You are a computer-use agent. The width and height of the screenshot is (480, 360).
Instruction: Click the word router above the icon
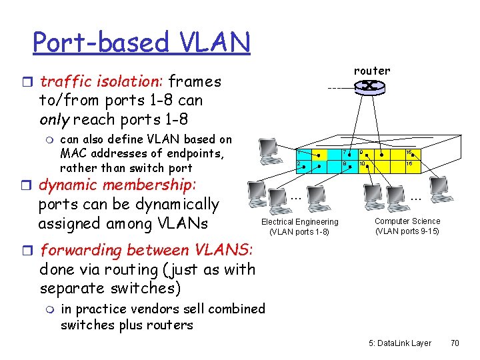(x=372, y=71)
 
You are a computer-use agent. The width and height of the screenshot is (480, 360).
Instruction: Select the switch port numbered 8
(x=343, y=165)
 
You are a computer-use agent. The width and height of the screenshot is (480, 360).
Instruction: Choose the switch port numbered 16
(x=410, y=165)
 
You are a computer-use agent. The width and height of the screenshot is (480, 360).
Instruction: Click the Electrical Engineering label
(x=299, y=222)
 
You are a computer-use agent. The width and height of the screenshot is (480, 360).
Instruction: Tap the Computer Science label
(x=407, y=221)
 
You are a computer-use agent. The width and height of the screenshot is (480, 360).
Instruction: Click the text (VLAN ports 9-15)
(x=407, y=231)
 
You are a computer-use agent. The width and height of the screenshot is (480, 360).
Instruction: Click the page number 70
(x=455, y=343)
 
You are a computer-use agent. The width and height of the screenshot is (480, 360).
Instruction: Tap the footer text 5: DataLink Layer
(x=400, y=343)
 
